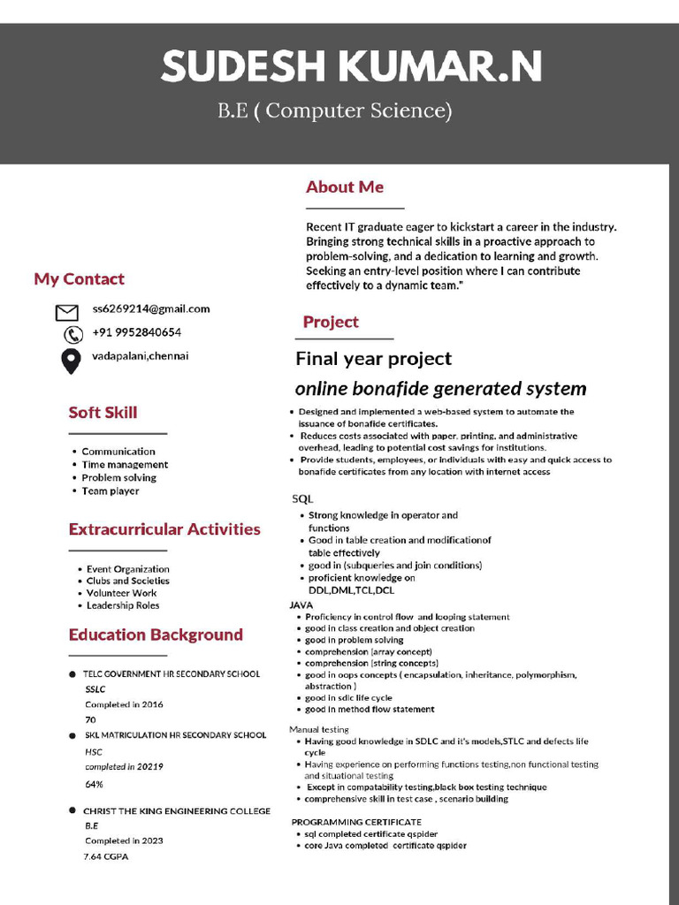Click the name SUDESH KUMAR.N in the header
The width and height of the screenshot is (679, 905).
click(x=352, y=66)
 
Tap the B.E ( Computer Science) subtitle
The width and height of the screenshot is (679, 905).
click(x=335, y=110)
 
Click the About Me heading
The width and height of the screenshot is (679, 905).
click(x=344, y=186)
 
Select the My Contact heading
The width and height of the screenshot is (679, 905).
click(x=79, y=279)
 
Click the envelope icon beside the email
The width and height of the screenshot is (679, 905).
click(x=67, y=312)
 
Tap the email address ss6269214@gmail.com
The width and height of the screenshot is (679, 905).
click(x=150, y=308)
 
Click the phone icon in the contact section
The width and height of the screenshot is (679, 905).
click(x=72, y=335)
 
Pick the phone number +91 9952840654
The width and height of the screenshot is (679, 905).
click(x=136, y=332)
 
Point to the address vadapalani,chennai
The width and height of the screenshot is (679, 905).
click(x=140, y=356)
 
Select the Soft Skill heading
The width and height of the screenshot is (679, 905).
click(x=103, y=413)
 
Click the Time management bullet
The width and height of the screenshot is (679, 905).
click(x=125, y=465)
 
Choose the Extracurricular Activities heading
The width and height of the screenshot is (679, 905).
click(x=164, y=529)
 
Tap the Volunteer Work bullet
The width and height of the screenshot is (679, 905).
click(x=121, y=593)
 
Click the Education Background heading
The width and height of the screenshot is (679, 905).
click(x=156, y=635)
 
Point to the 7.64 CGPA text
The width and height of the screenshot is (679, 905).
click(x=106, y=857)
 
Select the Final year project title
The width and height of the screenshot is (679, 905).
click(x=373, y=359)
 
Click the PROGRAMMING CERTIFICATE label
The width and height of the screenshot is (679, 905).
click(x=356, y=822)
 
